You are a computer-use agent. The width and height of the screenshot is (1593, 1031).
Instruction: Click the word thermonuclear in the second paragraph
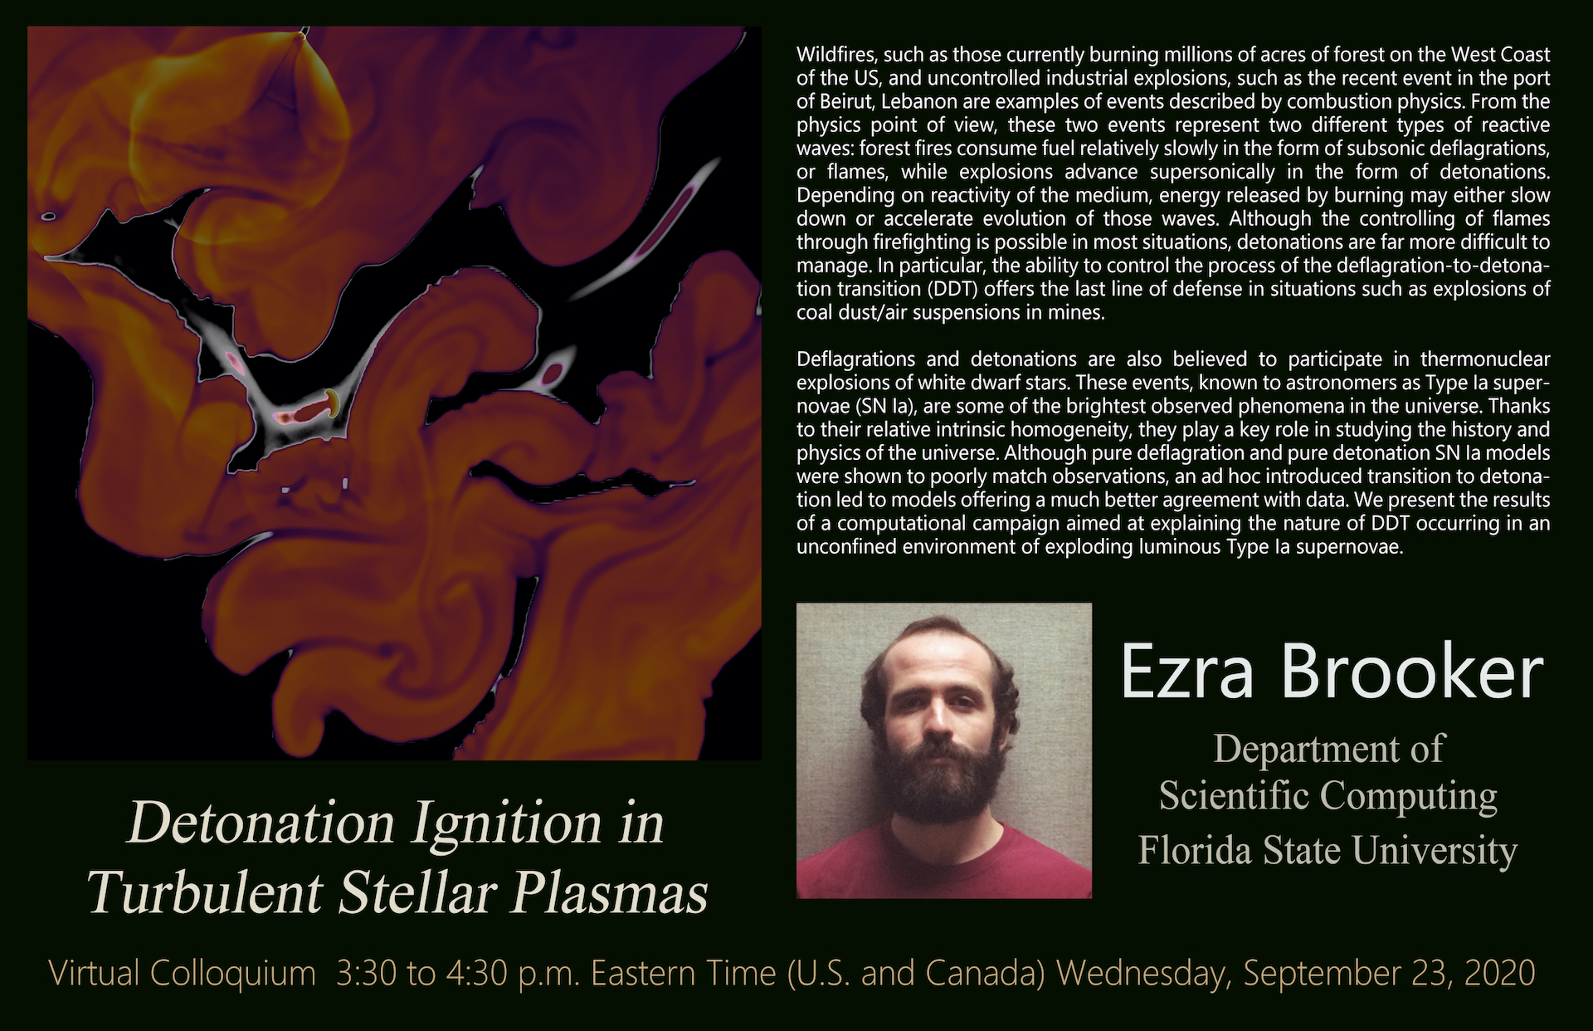(1485, 359)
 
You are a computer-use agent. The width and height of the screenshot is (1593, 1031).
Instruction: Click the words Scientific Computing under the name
(1327, 795)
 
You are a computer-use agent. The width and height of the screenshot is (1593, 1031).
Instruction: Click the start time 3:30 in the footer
(368, 973)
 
